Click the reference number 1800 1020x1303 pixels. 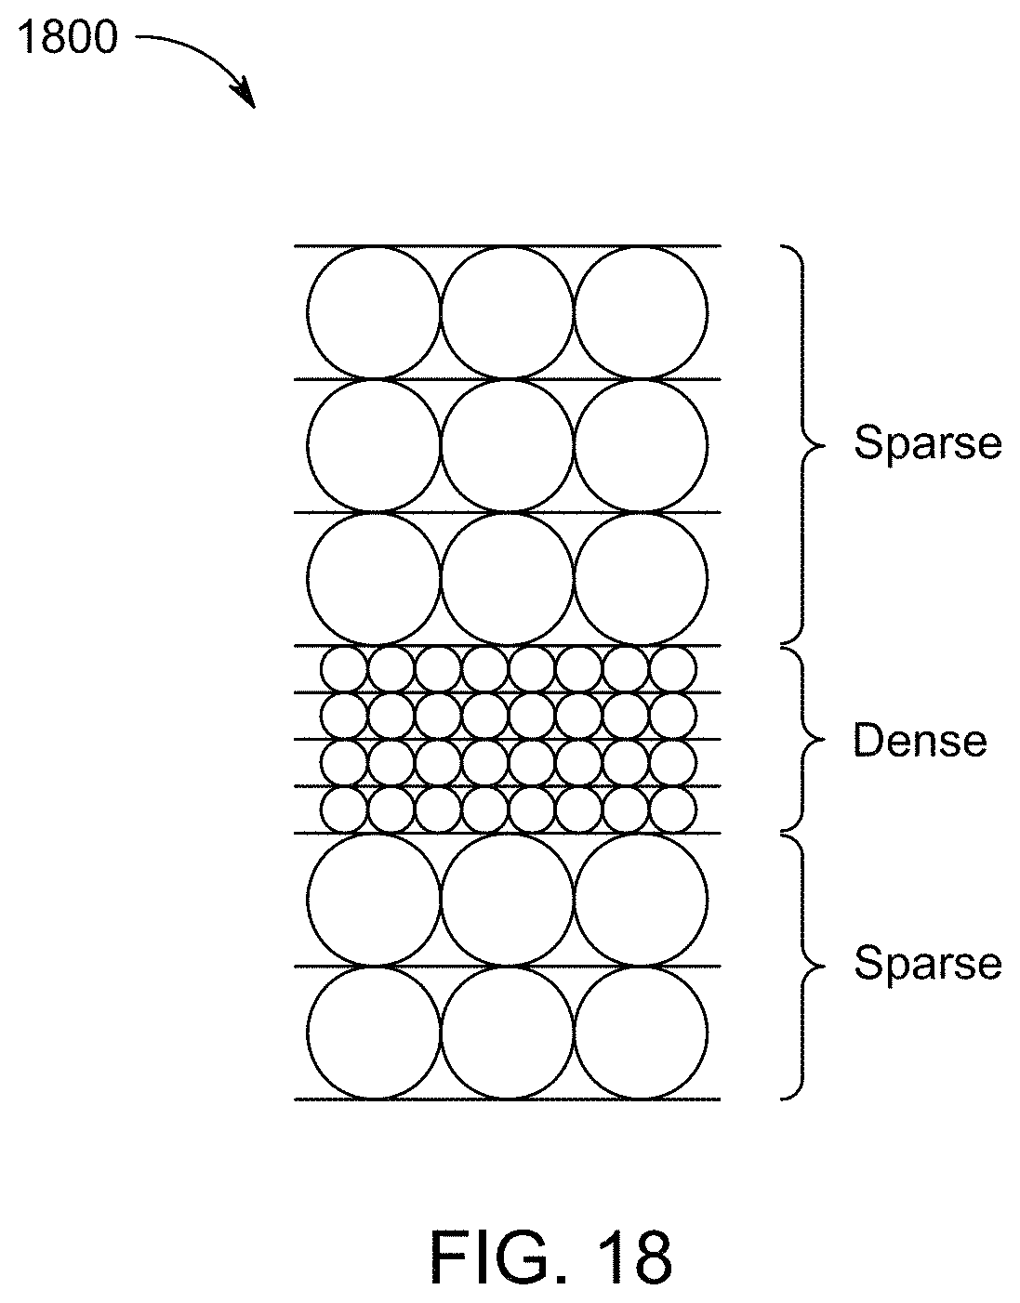pos(68,36)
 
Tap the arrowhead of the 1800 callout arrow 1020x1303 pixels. pos(245,95)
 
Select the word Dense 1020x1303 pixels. pos(920,740)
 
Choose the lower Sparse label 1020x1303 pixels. pos(928,964)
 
